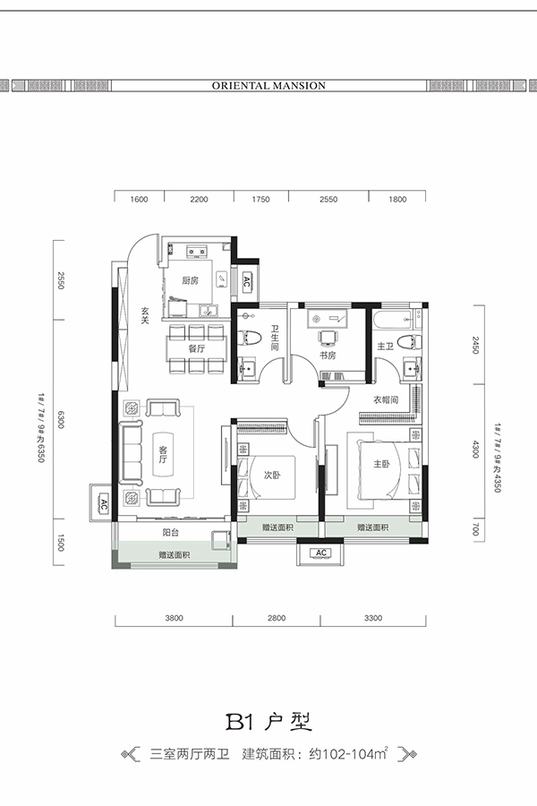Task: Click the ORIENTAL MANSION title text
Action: click(x=268, y=86)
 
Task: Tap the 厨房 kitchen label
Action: click(x=190, y=280)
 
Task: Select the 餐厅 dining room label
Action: click(x=196, y=348)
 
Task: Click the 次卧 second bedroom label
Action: click(x=272, y=476)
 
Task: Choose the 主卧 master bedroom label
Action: click(x=381, y=464)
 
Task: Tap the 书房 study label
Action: click(x=328, y=356)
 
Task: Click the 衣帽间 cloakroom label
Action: click(x=386, y=399)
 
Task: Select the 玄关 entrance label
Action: click(x=145, y=315)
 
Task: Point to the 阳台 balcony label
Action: click(x=171, y=533)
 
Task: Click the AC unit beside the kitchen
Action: click(x=246, y=282)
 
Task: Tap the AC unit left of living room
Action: click(x=103, y=503)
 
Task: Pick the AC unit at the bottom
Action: click(x=321, y=553)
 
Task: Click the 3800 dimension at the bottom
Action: click(x=174, y=618)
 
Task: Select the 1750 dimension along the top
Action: click(x=260, y=200)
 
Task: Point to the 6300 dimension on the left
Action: click(x=61, y=419)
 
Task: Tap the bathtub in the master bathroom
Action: click(x=394, y=319)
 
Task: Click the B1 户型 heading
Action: click(x=268, y=722)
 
